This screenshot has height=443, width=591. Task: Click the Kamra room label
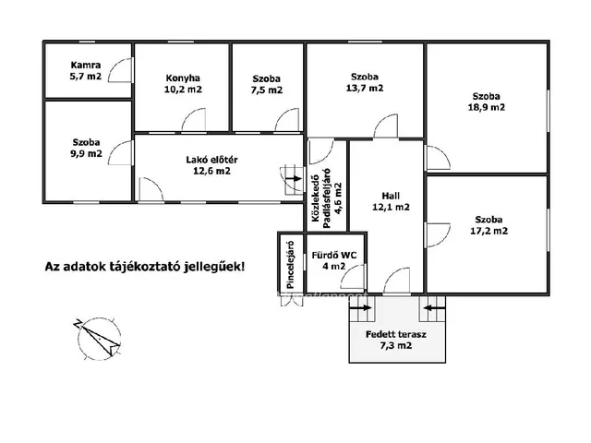86,65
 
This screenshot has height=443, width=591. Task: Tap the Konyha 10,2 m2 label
183,84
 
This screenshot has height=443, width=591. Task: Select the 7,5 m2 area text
267,90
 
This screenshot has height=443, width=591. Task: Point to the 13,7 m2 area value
365,89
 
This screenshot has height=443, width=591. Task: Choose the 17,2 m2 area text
488,231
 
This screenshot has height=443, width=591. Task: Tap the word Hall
391,196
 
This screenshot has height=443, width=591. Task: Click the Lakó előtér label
211,160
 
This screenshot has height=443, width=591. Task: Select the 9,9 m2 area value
86,154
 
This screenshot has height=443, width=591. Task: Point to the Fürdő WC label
334,255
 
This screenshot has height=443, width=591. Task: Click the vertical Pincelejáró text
290,265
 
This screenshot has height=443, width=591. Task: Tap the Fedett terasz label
396,334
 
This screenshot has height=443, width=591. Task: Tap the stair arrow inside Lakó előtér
294,178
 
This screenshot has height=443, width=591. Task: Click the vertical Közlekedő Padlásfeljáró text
326,198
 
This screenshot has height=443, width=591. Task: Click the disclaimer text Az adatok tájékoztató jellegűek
145,267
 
